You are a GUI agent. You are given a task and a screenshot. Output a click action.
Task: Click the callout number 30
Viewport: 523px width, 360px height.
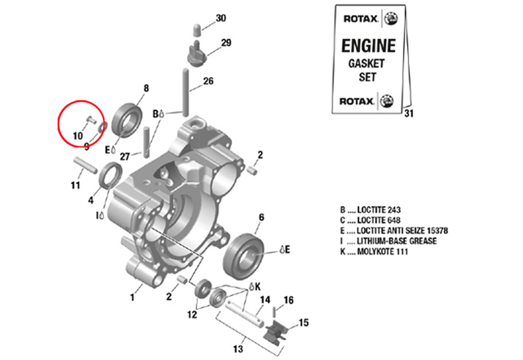coord(221,18)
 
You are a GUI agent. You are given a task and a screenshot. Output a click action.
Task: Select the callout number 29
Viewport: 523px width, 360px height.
coord(225,43)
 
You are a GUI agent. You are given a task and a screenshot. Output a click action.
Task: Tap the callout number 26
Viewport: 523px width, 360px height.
coord(208,81)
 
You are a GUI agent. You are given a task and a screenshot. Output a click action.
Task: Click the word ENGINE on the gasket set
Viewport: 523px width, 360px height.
coord(368,46)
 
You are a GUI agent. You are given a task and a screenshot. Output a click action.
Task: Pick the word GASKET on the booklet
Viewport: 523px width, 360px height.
coord(366,64)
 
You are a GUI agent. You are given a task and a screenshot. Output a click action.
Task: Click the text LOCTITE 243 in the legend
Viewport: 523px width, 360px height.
coord(371,210)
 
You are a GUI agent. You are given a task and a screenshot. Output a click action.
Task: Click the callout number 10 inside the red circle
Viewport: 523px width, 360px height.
coord(77,136)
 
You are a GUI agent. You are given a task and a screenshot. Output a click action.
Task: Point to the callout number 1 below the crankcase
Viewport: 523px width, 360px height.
coord(132,297)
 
